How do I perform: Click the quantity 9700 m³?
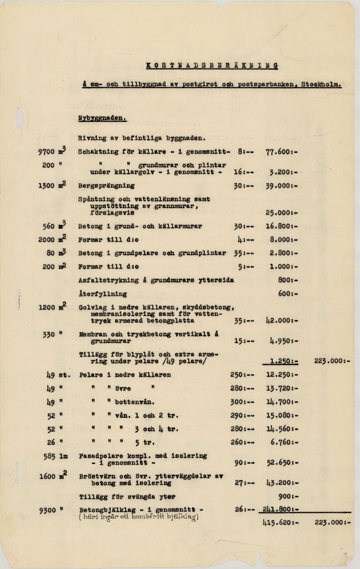coord(52,152)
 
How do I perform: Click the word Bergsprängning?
coord(106,185)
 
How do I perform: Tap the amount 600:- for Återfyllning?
coord(288,294)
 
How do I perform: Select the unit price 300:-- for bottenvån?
coord(244,402)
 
